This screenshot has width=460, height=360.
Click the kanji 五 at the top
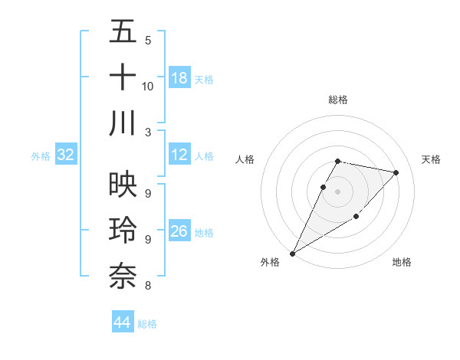tap(123, 32)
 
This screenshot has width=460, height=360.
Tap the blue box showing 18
tap(179, 78)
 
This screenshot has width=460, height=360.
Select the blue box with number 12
tap(179, 155)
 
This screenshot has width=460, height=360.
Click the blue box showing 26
tap(179, 231)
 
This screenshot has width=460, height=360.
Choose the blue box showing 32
tap(66, 155)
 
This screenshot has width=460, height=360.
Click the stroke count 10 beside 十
tap(148, 86)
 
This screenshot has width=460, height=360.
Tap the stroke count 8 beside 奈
tap(148, 286)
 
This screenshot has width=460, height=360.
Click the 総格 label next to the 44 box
tap(147, 324)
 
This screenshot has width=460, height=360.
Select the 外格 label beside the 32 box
tap(41, 156)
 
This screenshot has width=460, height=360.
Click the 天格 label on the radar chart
tap(431, 159)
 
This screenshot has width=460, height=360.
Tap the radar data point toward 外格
tap(292, 253)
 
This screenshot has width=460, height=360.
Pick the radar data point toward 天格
tap(396, 173)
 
